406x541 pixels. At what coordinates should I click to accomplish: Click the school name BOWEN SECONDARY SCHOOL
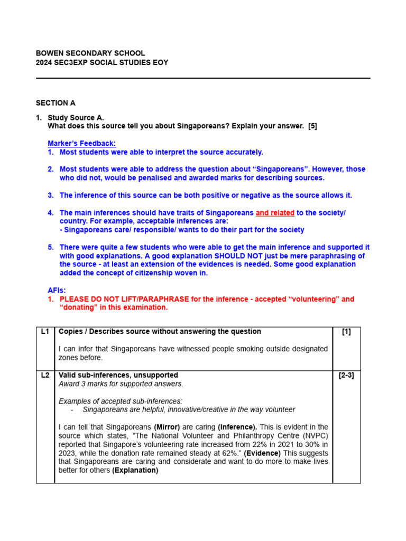[90, 53]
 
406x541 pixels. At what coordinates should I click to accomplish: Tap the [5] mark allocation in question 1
[311, 126]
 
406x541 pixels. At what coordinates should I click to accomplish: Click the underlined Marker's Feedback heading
[81, 143]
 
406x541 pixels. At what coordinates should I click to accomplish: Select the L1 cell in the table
[45, 332]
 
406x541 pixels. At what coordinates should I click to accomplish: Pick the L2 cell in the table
[45, 375]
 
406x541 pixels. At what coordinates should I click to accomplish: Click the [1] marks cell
[346, 332]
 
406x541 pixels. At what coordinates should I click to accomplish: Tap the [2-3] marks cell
[346, 375]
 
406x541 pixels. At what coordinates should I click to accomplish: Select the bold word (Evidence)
[262, 453]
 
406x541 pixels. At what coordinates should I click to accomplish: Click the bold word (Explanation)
[135, 470]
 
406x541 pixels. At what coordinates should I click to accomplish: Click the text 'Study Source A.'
[76, 117]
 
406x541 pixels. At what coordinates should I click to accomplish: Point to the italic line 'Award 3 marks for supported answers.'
[121, 384]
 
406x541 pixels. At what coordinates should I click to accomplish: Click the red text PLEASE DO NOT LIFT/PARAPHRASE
[124, 299]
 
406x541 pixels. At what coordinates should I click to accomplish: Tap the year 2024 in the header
[44, 62]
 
